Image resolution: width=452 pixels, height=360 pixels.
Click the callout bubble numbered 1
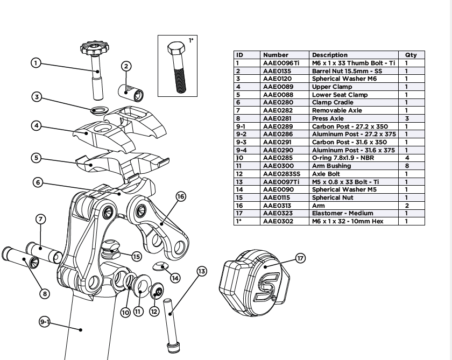pos(36,63)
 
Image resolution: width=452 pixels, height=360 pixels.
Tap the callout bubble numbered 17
pos(300,258)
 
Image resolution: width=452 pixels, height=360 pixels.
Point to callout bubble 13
pos(202,271)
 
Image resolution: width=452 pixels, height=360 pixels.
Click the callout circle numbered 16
pos(181,197)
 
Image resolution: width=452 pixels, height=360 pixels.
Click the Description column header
pos(329,55)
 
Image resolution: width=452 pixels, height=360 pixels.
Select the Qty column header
pos(411,55)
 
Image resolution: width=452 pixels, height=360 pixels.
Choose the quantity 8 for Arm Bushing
pos(406,166)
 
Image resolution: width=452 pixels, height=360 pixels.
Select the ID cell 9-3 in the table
pos(241,142)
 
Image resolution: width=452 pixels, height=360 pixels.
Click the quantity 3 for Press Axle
pos(406,118)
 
